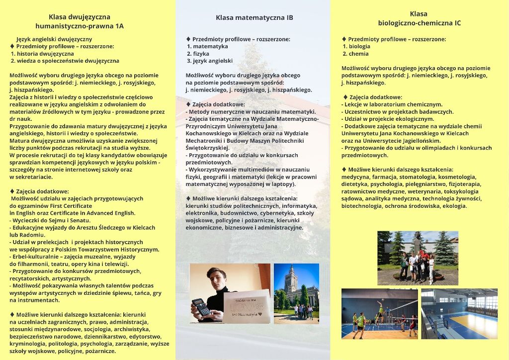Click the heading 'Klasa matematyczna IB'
coord(254,18)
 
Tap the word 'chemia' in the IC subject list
coord(359,54)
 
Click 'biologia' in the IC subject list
coord(359,46)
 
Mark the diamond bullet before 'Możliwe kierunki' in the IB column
coord(188,198)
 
